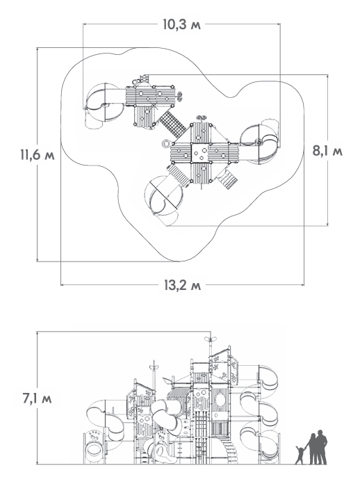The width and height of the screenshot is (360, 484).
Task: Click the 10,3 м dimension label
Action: tap(181, 24)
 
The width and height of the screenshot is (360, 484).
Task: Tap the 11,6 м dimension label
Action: tap(38, 154)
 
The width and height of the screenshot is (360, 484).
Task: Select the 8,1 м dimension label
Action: tap(327, 152)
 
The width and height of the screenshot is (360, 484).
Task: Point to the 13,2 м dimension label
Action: tap(182, 286)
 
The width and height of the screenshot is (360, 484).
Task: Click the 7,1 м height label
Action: tap(37, 398)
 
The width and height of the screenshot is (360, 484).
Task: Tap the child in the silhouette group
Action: tap(300, 455)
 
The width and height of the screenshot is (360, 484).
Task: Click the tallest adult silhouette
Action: tap(321, 447)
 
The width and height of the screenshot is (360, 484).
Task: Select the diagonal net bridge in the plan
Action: tap(172, 124)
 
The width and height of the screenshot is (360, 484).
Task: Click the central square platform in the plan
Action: tap(201, 153)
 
